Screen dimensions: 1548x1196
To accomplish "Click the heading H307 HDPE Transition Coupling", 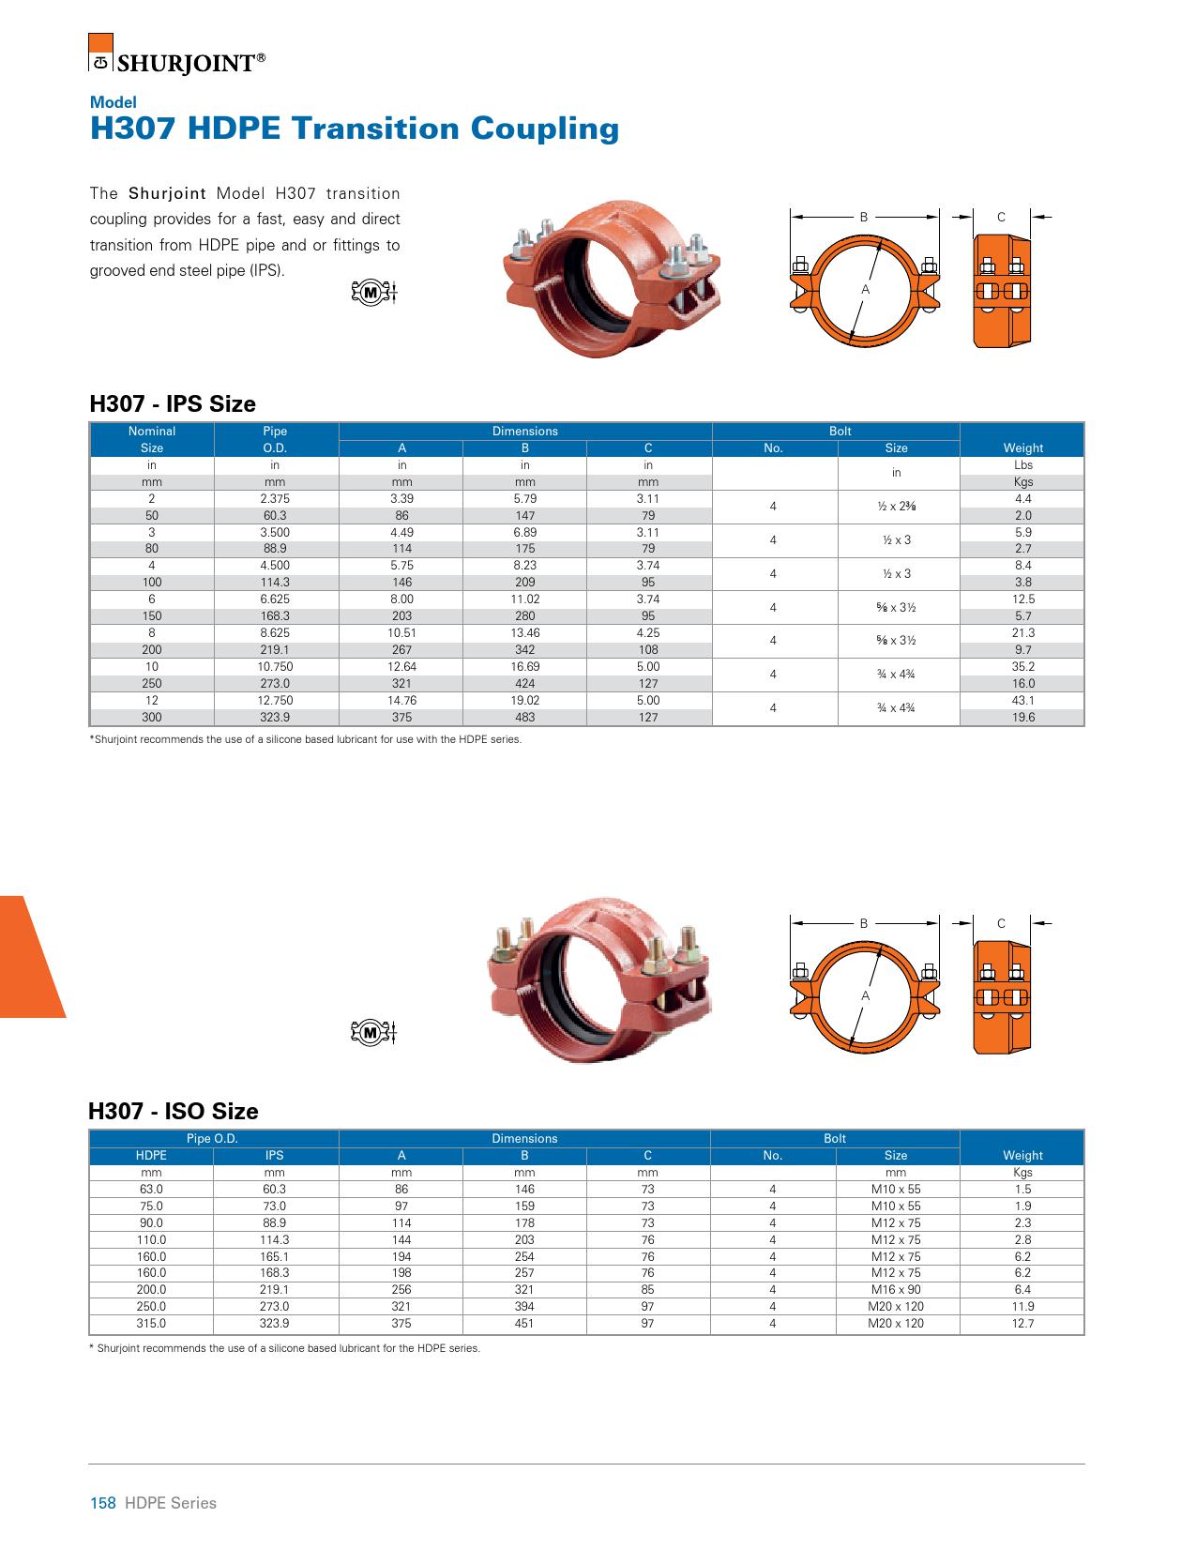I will [354, 129].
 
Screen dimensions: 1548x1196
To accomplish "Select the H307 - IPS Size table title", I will [173, 404].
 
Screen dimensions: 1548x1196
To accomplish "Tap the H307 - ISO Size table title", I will [174, 1112].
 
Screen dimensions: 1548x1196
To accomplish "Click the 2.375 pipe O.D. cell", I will [275, 499].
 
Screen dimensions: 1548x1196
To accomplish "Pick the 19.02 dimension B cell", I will [524, 700].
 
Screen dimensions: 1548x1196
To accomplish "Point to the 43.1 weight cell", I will [1022, 700].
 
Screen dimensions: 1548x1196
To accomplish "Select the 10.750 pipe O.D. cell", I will [275, 667].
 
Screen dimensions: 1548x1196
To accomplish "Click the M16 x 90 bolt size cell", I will [896, 1290].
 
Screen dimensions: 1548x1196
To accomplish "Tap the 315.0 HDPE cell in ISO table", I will [151, 1324].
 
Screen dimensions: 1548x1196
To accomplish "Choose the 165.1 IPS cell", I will [275, 1256].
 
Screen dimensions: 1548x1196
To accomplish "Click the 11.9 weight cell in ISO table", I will [1022, 1307].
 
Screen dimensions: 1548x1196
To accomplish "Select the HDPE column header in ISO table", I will [151, 1156].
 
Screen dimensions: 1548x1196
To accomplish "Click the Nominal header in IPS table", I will [152, 432].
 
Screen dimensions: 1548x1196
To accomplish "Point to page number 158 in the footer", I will [102, 1503].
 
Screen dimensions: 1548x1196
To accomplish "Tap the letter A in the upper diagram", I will [866, 290].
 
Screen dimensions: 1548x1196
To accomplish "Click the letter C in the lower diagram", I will [1001, 924].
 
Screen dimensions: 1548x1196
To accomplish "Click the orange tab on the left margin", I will [28, 957].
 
